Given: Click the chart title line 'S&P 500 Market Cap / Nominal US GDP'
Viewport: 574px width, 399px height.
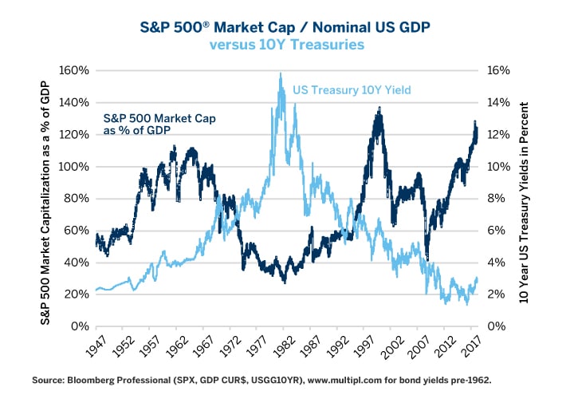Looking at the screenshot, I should click(286, 27).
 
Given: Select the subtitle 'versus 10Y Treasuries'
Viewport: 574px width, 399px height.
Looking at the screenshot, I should click(286, 45).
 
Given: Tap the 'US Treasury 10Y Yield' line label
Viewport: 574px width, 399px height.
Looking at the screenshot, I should click(352, 90).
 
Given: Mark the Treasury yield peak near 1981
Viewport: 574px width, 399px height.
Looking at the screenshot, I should click(281, 74).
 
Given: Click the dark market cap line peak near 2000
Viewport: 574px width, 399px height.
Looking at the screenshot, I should click(379, 109).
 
